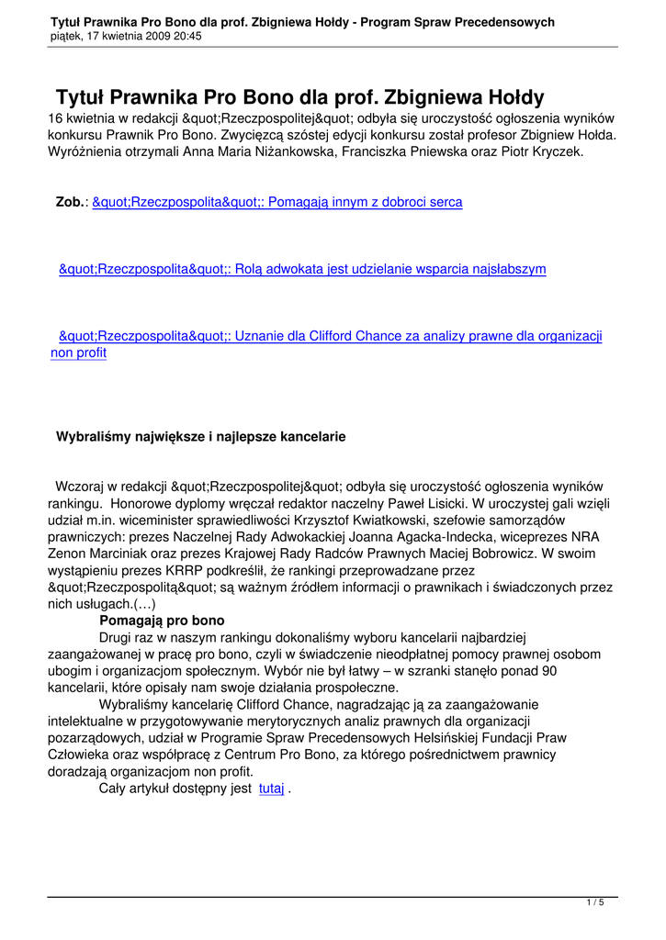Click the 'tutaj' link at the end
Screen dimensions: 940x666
(272, 789)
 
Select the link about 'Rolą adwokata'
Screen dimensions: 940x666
(302, 269)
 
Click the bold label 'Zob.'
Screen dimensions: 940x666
(70, 202)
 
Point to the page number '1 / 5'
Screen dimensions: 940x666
(595, 903)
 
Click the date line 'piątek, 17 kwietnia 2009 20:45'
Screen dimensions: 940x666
(127, 36)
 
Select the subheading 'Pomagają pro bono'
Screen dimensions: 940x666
(155, 621)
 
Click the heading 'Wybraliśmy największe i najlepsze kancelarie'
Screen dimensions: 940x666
(201, 437)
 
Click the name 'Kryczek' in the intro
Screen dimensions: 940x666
(555, 151)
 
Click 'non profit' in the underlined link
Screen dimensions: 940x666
(78, 352)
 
